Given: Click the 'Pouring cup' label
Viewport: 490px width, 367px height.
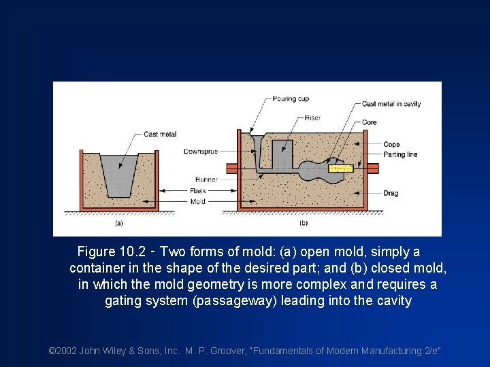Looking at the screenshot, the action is pyautogui.click(x=290, y=99).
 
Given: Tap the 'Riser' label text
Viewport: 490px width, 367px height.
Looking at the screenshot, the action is pyautogui.click(x=312, y=118).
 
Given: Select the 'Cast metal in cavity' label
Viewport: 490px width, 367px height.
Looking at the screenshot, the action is pyautogui.click(x=391, y=104).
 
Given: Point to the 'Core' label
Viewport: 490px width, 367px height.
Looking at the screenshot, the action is pyautogui.click(x=369, y=122).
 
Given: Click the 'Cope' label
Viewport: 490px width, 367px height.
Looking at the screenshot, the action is pyautogui.click(x=391, y=144).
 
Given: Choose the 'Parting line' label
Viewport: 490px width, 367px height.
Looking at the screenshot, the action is pyautogui.click(x=400, y=154).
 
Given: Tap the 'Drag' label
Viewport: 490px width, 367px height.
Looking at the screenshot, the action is pyautogui.click(x=391, y=193).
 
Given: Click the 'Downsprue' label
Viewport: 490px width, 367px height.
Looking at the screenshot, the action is pyautogui.click(x=201, y=152).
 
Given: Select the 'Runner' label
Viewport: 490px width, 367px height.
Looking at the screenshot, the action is pyautogui.click(x=206, y=180).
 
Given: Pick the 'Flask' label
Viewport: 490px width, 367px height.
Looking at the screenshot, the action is pyautogui.click(x=197, y=191).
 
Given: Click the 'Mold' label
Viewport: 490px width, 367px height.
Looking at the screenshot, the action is pyautogui.click(x=197, y=201).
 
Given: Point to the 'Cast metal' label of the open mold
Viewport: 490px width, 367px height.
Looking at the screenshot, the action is pyautogui.click(x=160, y=135).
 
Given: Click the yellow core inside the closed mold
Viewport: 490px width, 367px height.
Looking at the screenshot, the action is pyautogui.click(x=340, y=167).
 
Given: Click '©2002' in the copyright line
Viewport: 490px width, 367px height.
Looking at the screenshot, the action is pyautogui.click(x=63, y=351).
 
